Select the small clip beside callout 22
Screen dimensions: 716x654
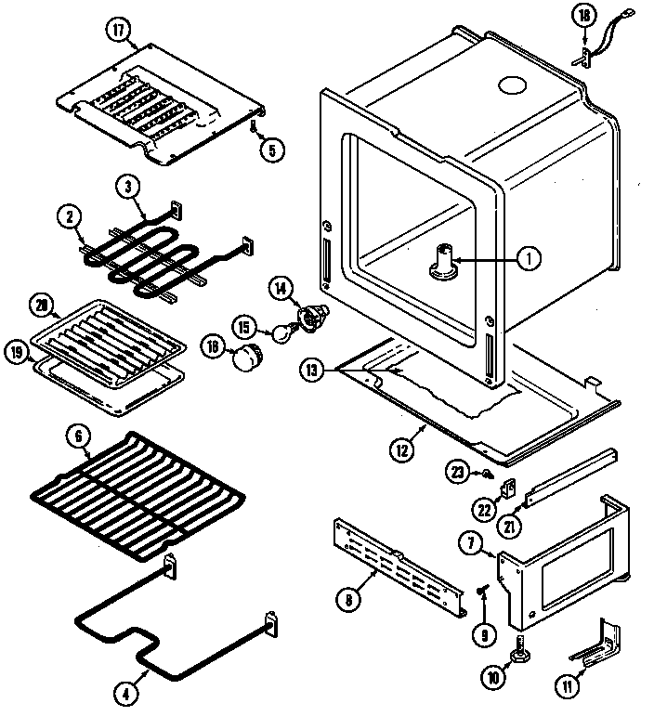click(x=508, y=486)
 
